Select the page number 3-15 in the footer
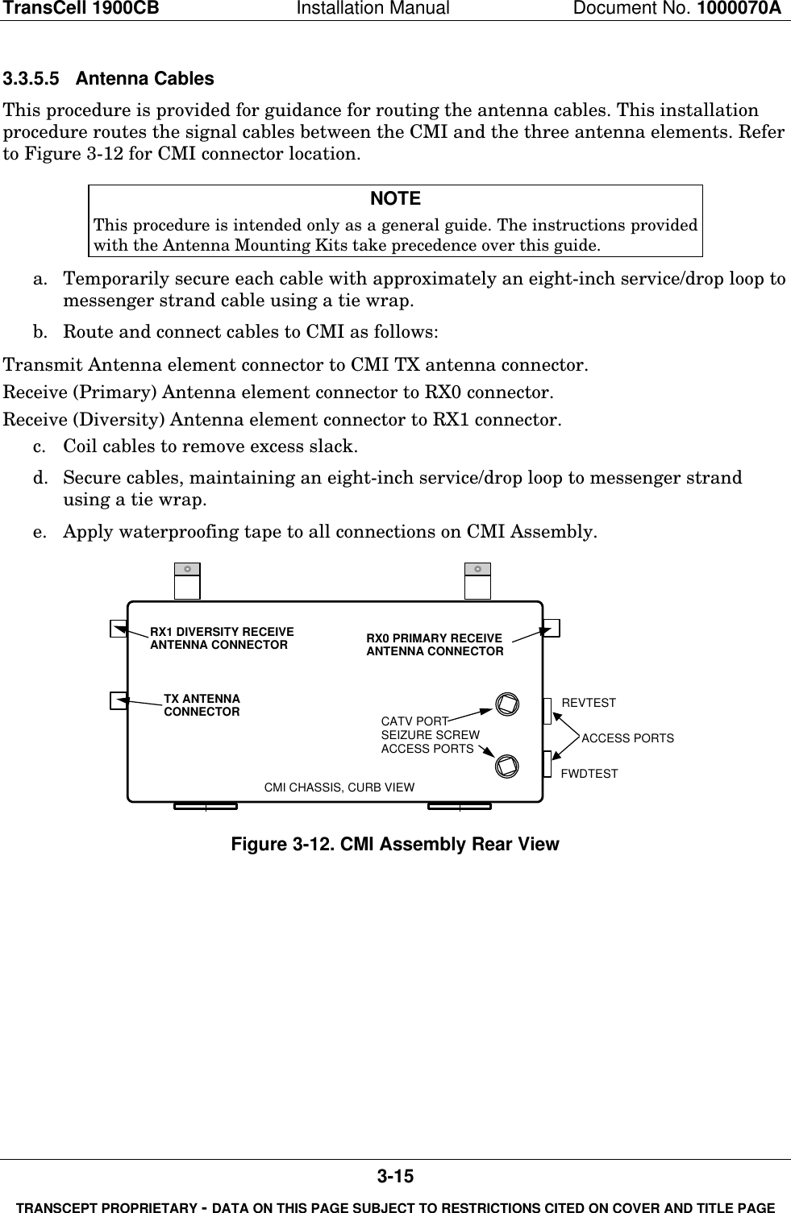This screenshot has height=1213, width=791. coord(395,1177)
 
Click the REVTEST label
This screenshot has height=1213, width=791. coord(588,703)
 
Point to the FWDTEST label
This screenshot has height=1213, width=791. coord(589,774)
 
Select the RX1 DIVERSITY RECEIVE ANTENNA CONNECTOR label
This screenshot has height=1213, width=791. coord(222,638)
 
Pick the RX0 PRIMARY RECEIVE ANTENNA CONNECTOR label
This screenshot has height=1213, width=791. coord(435,644)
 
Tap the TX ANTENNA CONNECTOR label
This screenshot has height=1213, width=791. coord(202,705)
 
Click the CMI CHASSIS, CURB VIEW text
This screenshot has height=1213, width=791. coord(339,787)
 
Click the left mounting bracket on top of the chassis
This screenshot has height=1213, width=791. coord(187,581)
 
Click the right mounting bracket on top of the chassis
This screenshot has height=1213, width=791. coord(477,581)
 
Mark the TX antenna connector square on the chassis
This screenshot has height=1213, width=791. coord(119,700)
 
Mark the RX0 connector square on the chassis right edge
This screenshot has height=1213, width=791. coord(552,627)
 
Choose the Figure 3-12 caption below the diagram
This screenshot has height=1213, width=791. coord(395,845)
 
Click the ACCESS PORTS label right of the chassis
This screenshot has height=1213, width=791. coord(627,738)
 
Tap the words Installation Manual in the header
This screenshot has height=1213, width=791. coord(395,9)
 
